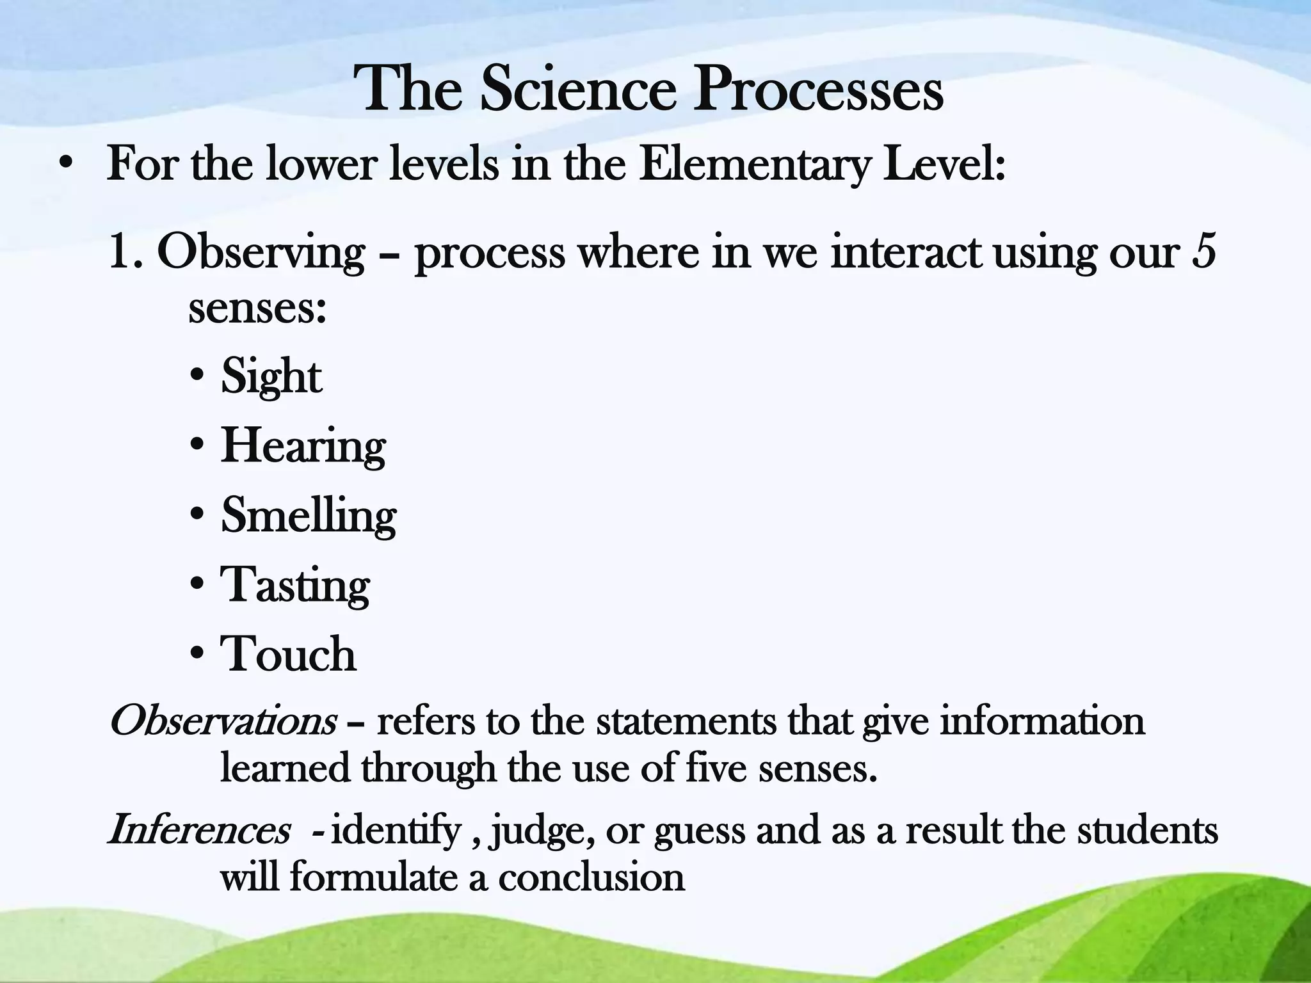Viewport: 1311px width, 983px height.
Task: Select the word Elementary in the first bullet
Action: tap(755, 165)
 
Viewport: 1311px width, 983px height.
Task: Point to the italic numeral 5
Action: tap(1204, 252)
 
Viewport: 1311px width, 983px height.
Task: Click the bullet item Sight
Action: tap(271, 376)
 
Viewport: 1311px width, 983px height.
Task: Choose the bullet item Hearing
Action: tap(303, 446)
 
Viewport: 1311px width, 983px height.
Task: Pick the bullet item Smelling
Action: tap(309, 516)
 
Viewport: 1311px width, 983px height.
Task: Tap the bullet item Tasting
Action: tap(295, 586)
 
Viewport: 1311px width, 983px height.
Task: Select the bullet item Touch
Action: tap(288, 655)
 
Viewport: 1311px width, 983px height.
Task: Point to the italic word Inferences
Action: tap(199, 831)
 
